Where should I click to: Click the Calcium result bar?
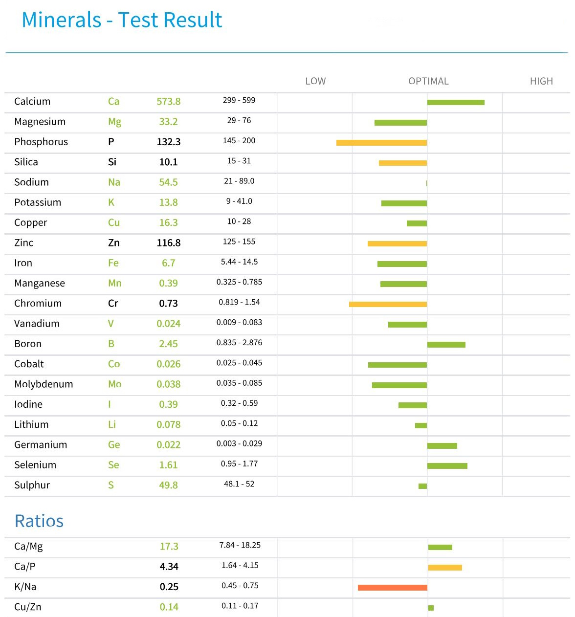pos(456,102)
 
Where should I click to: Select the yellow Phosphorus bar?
pos(381,143)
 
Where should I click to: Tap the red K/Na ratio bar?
pos(392,587)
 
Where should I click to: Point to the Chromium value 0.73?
pos(168,304)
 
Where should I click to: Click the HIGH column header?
pos(541,81)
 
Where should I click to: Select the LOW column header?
pos(315,81)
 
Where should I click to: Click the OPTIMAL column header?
pos(428,81)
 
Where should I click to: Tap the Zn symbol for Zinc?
pos(113,243)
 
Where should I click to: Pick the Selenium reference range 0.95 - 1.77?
pos(239,464)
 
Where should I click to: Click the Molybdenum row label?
pos(44,384)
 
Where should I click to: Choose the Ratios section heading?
pos(39,521)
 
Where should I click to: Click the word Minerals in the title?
pos(62,20)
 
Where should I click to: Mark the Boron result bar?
pos(446,345)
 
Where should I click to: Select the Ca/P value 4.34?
pos(169,567)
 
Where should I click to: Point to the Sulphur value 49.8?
pos(168,485)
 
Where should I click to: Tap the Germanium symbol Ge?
pos(114,445)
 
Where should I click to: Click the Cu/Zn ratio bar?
pos(431,608)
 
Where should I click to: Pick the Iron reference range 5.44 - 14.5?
pos(239,262)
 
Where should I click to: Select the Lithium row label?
pos(31,425)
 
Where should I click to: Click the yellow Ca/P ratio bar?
pos(445,568)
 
